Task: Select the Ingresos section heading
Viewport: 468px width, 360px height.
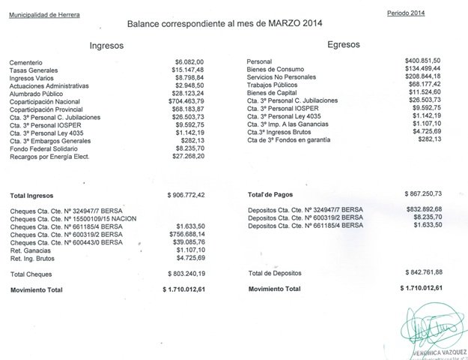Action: pyautogui.click(x=106, y=46)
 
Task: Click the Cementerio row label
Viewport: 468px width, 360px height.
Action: pyautogui.click(x=26, y=62)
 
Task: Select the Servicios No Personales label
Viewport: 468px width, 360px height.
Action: pyautogui.click(x=285, y=77)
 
